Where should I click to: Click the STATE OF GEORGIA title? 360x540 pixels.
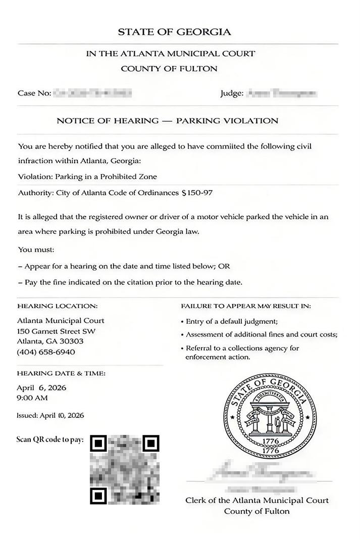[174, 32]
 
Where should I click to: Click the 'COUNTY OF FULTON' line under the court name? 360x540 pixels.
[169, 68]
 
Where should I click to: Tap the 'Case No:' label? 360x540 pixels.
[34, 93]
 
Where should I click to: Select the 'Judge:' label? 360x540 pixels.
[232, 93]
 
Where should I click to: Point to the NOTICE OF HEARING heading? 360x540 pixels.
[167, 121]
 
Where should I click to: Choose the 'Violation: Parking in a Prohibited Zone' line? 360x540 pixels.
[87, 177]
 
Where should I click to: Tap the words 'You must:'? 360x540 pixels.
[36, 250]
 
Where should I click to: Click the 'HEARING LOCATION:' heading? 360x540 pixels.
[58, 306]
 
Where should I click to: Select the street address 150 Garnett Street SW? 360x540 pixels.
[56, 331]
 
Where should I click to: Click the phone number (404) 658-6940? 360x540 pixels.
[46, 352]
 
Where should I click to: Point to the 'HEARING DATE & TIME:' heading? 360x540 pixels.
[61, 373]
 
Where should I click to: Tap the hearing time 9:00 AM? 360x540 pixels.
[32, 398]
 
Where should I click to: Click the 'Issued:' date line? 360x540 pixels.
[50, 415]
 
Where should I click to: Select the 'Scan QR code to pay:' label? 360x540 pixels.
[50, 439]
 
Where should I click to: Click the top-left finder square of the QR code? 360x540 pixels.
[98, 444]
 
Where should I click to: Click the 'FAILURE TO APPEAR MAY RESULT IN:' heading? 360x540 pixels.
[246, 306]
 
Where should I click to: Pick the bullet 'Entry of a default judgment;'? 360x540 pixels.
[232, 321]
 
